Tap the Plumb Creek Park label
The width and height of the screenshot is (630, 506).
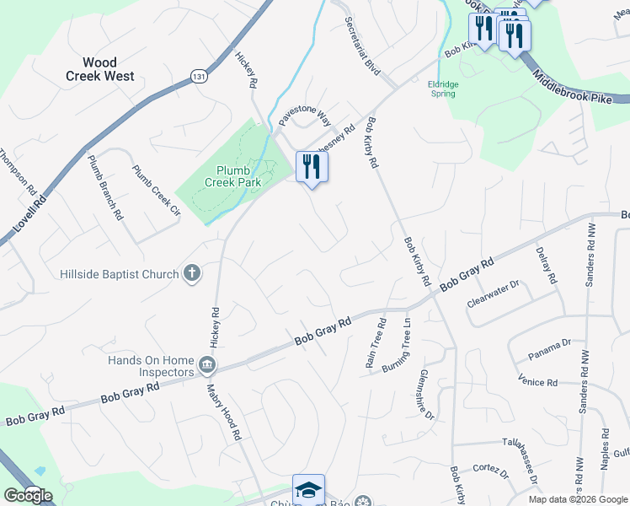232,175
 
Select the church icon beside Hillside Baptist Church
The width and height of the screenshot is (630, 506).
192,273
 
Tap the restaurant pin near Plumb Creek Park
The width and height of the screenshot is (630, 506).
312,166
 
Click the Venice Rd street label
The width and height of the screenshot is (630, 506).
538,381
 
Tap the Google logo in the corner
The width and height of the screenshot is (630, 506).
28,496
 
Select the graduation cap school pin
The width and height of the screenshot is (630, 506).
308,491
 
